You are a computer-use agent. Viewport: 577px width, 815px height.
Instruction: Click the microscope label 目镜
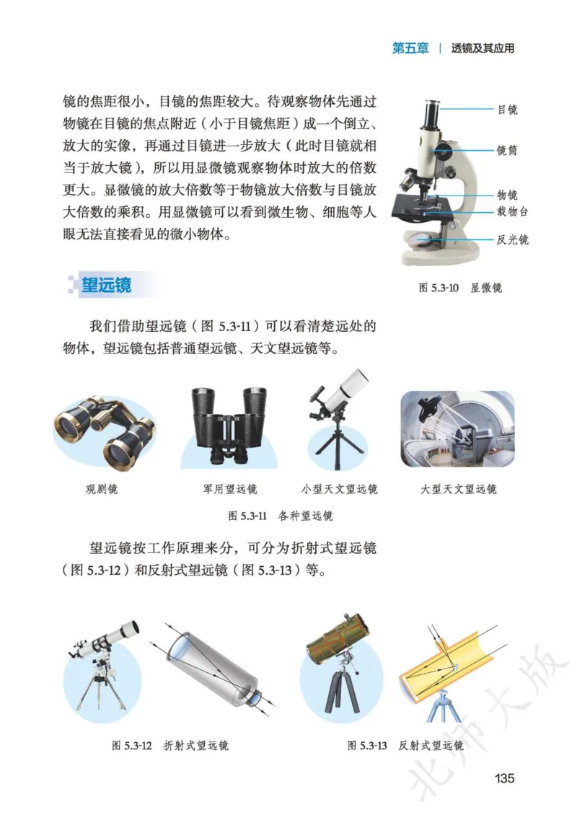(507, 110)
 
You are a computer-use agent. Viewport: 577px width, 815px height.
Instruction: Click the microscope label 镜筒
(507, 151)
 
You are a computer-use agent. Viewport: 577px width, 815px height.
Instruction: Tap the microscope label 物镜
(507, 195)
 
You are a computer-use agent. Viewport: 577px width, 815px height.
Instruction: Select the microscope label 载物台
(512, 211)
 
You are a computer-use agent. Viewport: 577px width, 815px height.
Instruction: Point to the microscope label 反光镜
(512, 239)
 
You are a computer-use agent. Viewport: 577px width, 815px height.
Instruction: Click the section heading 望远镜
(106, 285)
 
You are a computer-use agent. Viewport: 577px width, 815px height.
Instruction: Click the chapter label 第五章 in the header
(410, 48)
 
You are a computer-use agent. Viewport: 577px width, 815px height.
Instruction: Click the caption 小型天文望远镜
(340, 490)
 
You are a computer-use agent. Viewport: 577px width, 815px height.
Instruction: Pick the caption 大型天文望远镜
(459, 490)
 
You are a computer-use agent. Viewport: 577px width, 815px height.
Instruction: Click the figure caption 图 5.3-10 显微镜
(460, 288)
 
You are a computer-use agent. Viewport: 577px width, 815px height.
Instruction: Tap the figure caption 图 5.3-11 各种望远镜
(281, 516)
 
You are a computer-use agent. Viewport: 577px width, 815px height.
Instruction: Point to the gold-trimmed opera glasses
(105, 431)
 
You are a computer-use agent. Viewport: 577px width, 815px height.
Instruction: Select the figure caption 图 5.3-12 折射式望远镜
(170, 746)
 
